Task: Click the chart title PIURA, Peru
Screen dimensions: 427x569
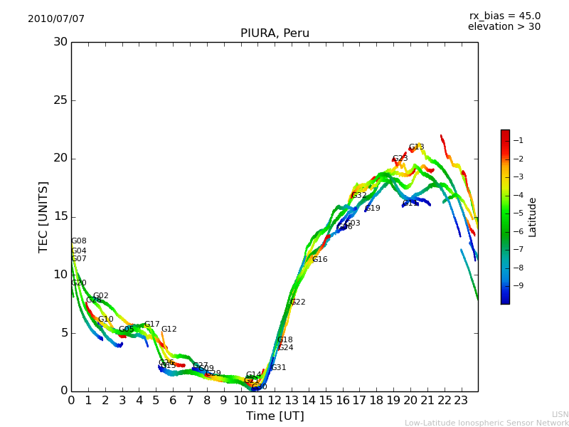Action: (275, 33)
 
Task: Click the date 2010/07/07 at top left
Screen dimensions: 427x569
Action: (56, 19)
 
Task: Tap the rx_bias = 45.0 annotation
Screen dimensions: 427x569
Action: (504, 16)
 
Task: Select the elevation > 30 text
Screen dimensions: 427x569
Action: (504, 27)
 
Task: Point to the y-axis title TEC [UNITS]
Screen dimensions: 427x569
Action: (44, 216)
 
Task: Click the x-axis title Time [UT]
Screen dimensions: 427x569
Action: (275, 416)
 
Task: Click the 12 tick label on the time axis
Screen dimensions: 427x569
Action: (275, 401)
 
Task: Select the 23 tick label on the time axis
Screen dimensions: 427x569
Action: (461, 401)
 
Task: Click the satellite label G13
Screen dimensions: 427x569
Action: (416, 147)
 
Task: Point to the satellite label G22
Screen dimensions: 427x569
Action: (297, 302)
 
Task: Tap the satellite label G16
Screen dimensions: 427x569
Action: (320, 260)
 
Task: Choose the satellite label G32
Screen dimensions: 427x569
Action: (359, 196)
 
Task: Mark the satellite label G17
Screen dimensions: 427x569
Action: (152, 325)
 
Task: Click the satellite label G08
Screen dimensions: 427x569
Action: (78, 241)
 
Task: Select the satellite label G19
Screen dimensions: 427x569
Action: (373, 209)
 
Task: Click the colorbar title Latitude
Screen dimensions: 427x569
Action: (533, 216)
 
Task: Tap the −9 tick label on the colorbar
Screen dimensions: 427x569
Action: (519, 286)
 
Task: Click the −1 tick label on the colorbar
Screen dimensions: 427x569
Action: (519, 141)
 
